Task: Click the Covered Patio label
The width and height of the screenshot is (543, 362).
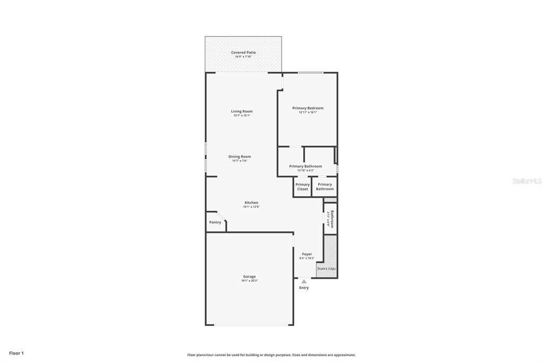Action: [x=243, y=53]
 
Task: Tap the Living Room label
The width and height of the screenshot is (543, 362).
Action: [x=241, y=111]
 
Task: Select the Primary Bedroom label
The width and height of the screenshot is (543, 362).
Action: [x=308, y=108]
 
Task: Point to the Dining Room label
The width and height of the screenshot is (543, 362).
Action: [x=240, y=157]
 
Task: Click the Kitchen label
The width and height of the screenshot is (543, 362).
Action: [x=251, y=203]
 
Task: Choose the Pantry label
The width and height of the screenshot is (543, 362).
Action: [x=215, y=222]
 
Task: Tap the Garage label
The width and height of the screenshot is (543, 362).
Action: [x=249, y=277]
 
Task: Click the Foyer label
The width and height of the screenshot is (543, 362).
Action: [x=307, y=254]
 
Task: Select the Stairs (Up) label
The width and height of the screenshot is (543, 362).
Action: [x=326, y=269]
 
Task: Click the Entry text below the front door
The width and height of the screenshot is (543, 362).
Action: [x=304, y=288]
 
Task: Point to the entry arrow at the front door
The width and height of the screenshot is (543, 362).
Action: [x=304, y=281]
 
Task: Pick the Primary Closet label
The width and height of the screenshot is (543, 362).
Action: [x=302, y=187]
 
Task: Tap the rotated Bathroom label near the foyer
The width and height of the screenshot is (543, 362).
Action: [x=332, y=219]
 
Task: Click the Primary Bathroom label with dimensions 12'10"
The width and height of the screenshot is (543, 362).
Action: [x=305, y=166]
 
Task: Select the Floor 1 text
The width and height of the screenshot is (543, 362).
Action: [x=16, y=353]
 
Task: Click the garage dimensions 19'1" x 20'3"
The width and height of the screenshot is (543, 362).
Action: [x=249, y=281]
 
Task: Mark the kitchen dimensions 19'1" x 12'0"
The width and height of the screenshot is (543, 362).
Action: [x=251, y=207]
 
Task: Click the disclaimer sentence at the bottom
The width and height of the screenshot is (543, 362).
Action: [x=271, y=355]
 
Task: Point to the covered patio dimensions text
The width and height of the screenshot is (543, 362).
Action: [x=243, y=57]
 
